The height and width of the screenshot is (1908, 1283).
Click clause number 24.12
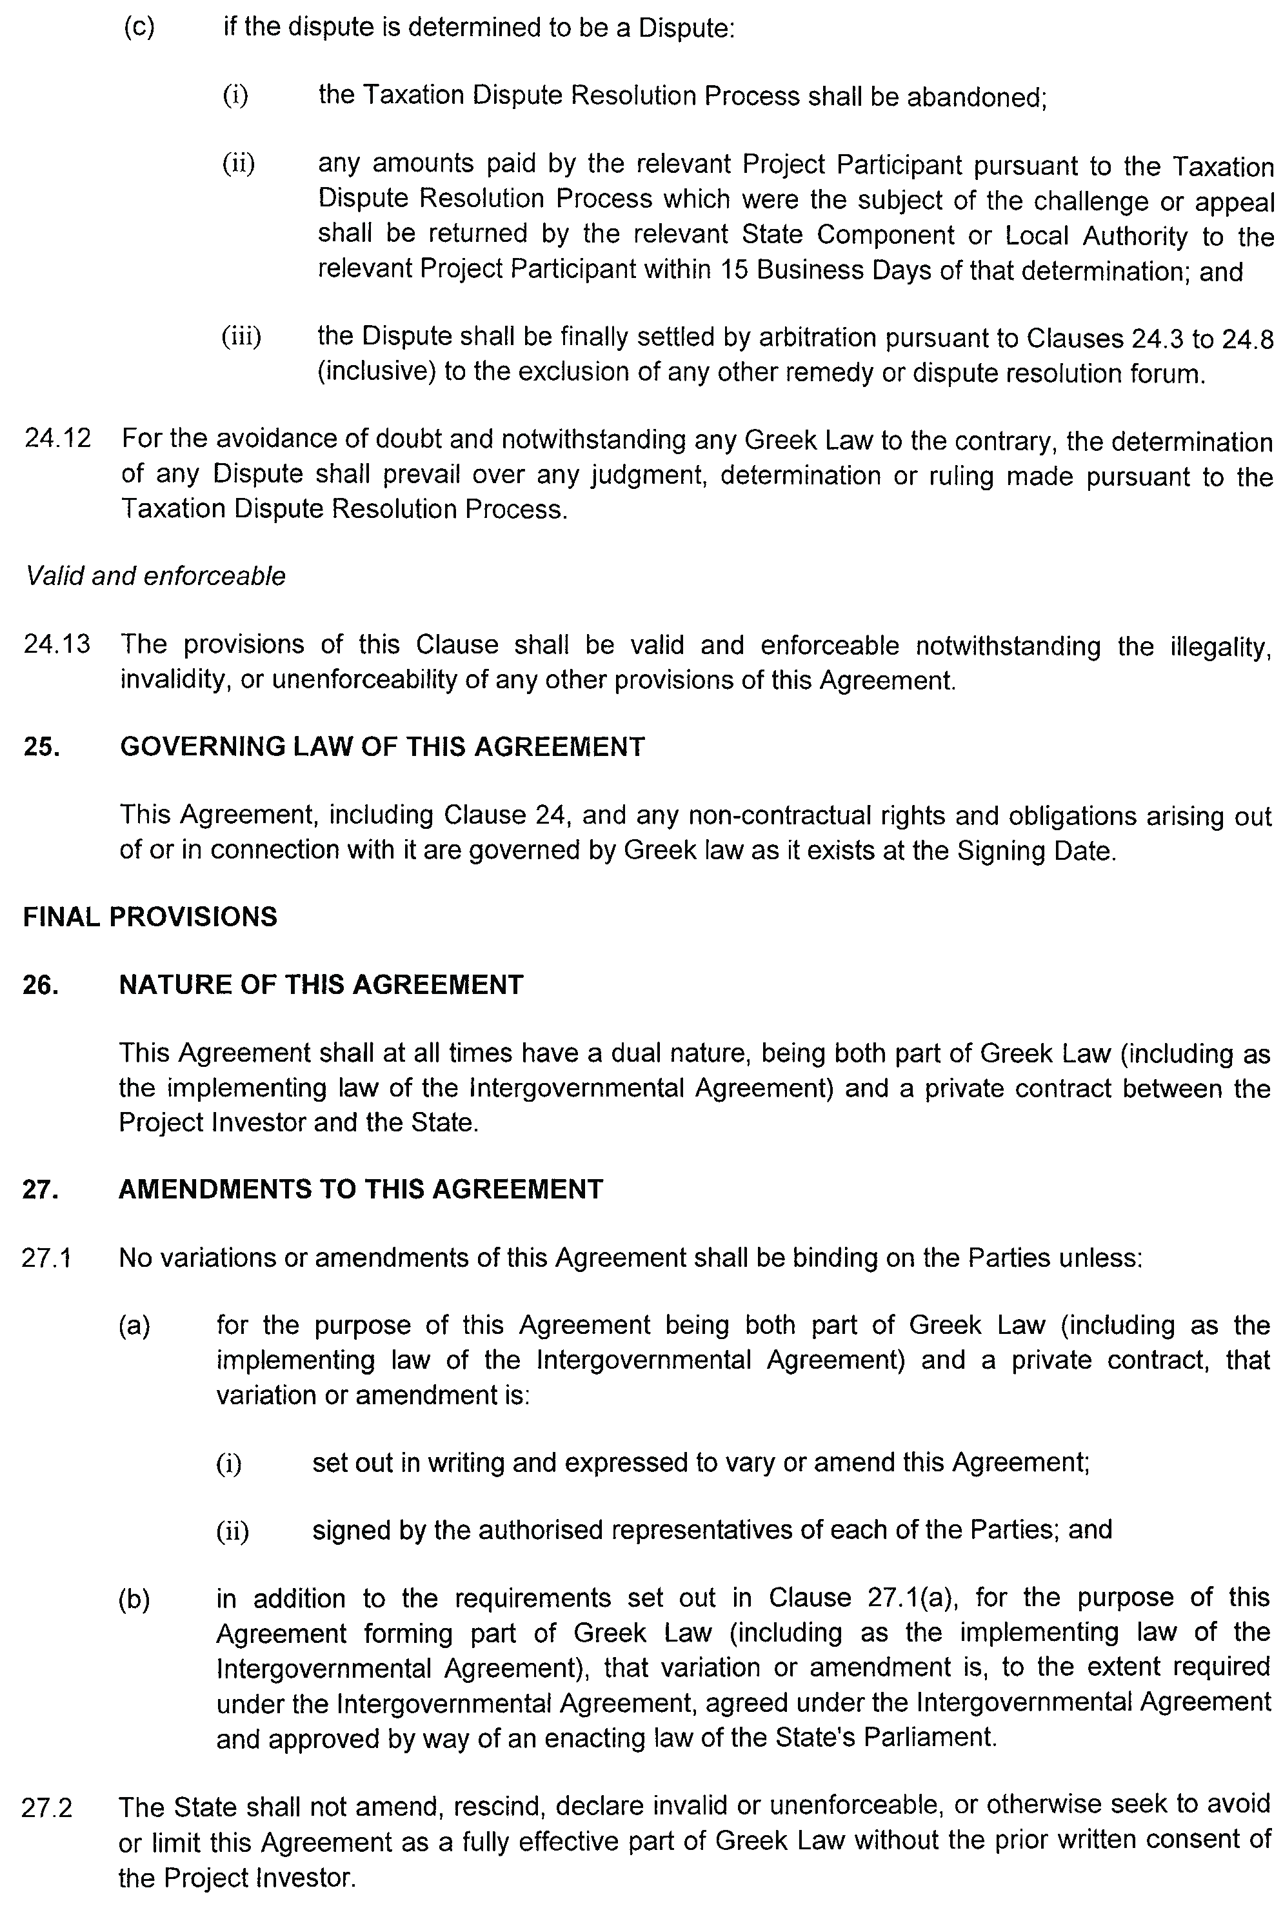point(57,439)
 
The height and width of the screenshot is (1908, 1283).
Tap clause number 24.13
point(57,645)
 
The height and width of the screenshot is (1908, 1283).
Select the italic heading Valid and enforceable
point(155,576)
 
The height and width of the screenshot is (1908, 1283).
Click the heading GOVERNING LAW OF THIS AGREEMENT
point(382,746)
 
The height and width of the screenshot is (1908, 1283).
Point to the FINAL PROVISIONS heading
point(150,917)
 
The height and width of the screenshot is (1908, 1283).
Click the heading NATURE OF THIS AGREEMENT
point(321,984)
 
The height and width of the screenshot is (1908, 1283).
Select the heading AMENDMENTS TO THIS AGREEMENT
point(361,1189)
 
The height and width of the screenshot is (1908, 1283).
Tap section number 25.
point(41,747)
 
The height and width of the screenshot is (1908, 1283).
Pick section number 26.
point(41,985)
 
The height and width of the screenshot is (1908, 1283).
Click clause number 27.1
point(46,1258)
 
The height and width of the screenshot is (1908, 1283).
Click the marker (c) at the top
point(139,27)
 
